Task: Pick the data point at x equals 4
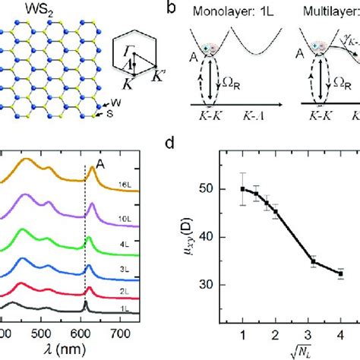pos(339,273)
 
